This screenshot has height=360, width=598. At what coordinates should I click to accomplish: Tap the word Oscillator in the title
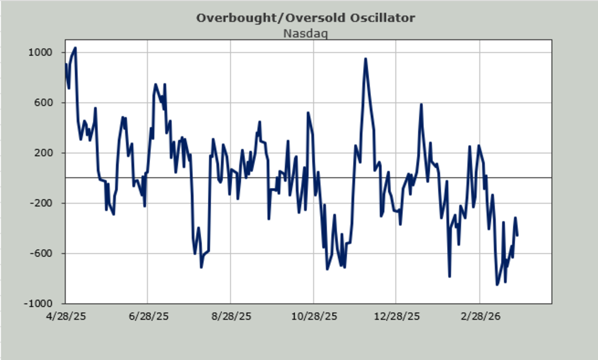pyautogui.click(x=383, y=18)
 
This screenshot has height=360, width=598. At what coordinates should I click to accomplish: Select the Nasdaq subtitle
pyautogui.click(x=305, y=34)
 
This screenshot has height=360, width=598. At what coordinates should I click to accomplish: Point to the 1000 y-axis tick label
pyautogui.click(x=40, y=52)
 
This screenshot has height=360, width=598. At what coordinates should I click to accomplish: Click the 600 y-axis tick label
pyautogui.click(x=43, y=103)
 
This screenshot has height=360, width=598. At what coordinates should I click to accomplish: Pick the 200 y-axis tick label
pyautogui.click(x=43, y=153)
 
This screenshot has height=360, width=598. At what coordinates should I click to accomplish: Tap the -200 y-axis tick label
pyautogui.click(x=41, y=203)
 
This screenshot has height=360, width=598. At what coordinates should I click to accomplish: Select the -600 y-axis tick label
pyautogui.click(x=41, y=253)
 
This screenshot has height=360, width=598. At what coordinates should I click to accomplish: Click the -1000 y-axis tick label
pyautogui.click(x=38, y=304)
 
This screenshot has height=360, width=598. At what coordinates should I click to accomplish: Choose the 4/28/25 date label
pyautogui.click(x=66, y=317)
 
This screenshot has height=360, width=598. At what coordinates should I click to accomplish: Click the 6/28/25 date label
pyautogui.click(x=149, y=317)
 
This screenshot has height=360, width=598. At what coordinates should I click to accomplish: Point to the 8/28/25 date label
pyautogui.click(x=231, y=317)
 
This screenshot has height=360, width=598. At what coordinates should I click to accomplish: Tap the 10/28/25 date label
pyautogui.click(x=314, y=317)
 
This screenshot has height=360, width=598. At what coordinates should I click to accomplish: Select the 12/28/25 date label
pyautogui.click(x=397, y=317)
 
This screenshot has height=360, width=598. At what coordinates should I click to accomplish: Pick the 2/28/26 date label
pyautogui.click(x=480, y=317)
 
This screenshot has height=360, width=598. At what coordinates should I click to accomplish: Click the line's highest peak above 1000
pyautogui.click(x=75, y=48)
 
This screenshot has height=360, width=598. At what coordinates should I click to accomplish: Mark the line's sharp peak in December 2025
pyautogui.click(x=365, y=59)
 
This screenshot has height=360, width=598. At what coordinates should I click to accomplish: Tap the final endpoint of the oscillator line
pyautogui.click(x=518, y=235)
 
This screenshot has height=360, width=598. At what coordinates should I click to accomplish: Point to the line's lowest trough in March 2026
pyautogui.click(x=497, y=285)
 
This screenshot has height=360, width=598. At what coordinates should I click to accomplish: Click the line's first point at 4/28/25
pyautogui.click(x=66, y=64)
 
